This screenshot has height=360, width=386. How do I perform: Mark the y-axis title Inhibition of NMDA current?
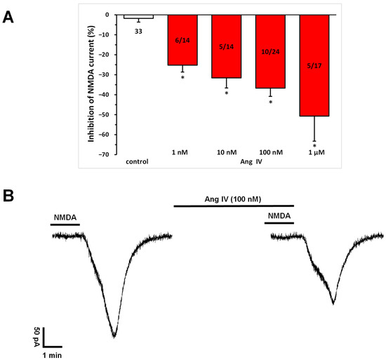click(x=92, y=83)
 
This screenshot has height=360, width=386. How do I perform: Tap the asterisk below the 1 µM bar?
click(x=314, y=146)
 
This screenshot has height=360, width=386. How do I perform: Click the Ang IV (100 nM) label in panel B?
click(x=234, y=199)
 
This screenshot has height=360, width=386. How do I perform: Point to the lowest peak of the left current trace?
click(x=114, y=336)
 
